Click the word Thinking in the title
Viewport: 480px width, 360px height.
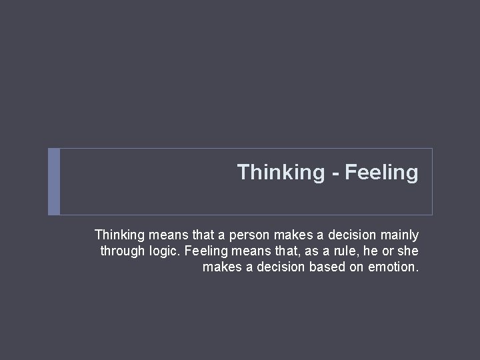280,173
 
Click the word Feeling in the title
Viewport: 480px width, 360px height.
383,173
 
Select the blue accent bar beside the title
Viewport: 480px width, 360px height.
54,181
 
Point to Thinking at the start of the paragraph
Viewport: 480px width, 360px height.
119,235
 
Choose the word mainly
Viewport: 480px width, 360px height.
399,235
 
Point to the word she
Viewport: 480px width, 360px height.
408,251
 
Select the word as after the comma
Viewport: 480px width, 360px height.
300,251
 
